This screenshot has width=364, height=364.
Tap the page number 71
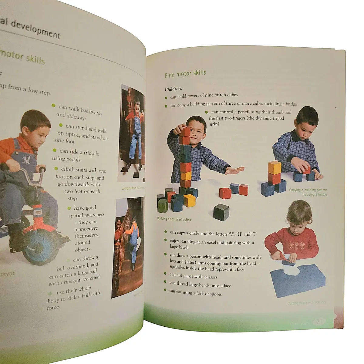click(x=319, y=322)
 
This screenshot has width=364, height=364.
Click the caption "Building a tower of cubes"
click(x=174, y=219)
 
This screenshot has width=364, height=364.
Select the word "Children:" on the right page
click(x=173, y=89)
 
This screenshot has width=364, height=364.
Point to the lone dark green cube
click(x=221, y=212)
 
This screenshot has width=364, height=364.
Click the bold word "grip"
click(x=214, y=124)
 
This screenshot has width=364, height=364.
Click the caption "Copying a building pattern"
click(x=308, y=190)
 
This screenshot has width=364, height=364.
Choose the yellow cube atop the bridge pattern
click(x=274, y=167)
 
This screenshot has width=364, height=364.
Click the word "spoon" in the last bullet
click(x=216, y=294)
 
